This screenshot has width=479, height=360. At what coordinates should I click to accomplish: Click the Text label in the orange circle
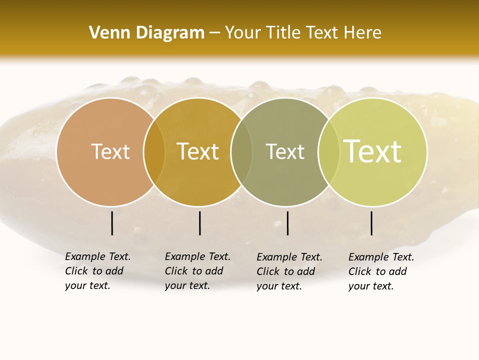pyautogui.click(x=110, y=151)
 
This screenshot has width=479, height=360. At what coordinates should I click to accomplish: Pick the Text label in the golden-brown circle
pyautogui.click(x=198, y=151)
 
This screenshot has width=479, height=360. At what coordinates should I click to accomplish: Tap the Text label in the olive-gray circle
pyautogui.click(x=285, y=151)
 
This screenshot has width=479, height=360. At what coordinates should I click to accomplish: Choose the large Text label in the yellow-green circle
pyautogui.click(x=373, y=151)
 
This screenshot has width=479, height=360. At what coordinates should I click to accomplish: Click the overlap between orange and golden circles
pyautogui.click(x=154, y=151)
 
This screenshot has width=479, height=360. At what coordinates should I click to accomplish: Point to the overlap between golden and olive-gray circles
pyautogui.click(x=241, y=151)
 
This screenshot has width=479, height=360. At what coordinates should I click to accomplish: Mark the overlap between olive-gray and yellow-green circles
pyautogui.click(x=328, y=151)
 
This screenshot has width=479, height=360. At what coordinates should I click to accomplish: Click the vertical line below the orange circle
pyautogui.click(x=112, y=223)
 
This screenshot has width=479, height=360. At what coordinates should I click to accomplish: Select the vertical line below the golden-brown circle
pyautogui.click(x=200, y=223)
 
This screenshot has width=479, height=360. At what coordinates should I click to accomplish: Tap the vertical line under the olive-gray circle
pyautogui.click(x=288, y=223)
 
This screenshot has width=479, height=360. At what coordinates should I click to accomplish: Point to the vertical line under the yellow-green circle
pyautogui.click(x=372, y=223)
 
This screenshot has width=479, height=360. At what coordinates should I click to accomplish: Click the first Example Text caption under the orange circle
pyautogui.click(x=98, y=256)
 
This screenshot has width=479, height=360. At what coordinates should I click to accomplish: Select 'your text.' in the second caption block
pyautogui.click(x=187, y=285)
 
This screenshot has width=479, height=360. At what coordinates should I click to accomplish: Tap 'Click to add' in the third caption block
pyautogui.click(x=286, y=271)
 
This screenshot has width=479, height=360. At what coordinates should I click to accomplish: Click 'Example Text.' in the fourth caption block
pyautogui.click(x=381, y=257)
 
